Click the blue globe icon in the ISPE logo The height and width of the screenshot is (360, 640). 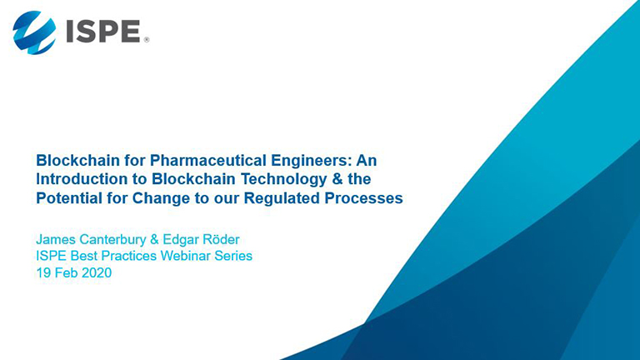click(x=34, y=32)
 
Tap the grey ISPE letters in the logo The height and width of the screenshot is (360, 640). click(x=103, y=32)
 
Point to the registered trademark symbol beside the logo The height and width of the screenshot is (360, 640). click(x=147, y=40)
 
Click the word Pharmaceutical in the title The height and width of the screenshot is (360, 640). click(x=208, y=160)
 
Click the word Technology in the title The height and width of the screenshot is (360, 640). click(x=283, y=180)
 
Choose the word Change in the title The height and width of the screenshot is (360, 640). click(x=161, y=198)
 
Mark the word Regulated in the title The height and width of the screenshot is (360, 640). click(x=282, y=198)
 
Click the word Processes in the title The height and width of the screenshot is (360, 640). click(x=363, y=198)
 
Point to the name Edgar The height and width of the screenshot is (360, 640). click(x=180, y=240)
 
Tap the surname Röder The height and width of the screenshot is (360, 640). click(x=220, y=239)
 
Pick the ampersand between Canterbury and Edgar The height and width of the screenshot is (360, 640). click(x=154, y=239)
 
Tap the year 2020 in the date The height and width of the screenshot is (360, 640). click(x=97, y=272)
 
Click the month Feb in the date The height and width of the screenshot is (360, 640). click(x=66, y=272)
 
